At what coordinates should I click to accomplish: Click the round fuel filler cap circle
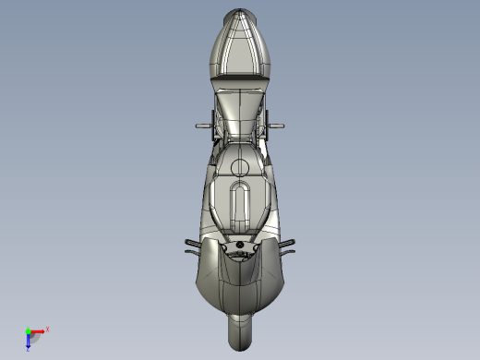239,166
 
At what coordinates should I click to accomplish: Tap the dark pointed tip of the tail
239,15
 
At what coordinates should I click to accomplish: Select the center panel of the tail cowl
239,51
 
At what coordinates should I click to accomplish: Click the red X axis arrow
38,330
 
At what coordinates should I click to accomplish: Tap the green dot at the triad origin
28,330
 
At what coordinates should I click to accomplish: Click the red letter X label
47,329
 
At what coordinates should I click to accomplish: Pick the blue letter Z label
29,349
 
